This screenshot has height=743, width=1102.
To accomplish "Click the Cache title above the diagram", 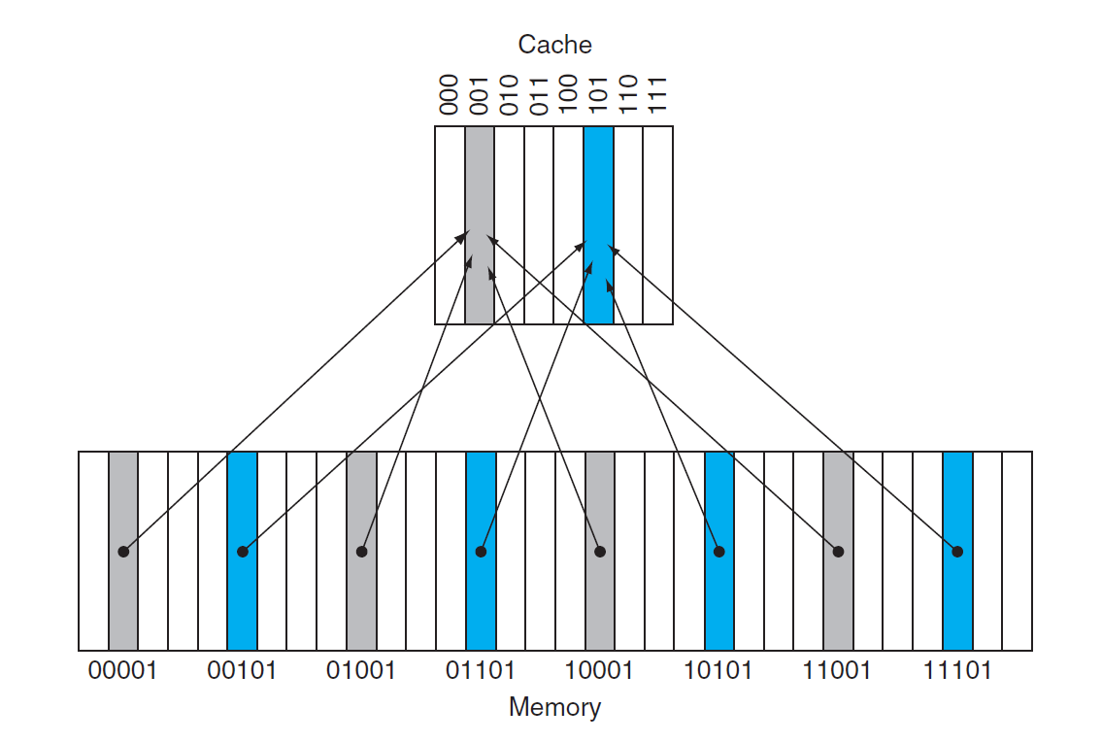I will tap(554, 45).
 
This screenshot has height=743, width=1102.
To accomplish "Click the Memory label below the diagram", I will tap(554, 707).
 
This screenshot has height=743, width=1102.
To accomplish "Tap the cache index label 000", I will tap(450, 94).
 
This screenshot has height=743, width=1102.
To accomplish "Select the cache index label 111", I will tap(657, 94).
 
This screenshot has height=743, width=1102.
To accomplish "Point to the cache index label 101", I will tap(598, 94).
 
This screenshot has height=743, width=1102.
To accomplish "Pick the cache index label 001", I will tap(479, 94).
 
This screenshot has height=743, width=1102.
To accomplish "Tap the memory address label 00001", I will tap(122, 670).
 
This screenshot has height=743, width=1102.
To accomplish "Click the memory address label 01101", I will tap(481, 670).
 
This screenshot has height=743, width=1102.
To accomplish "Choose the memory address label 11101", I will tap(957, 670).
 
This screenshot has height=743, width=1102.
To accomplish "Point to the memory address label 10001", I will tap(600, 670).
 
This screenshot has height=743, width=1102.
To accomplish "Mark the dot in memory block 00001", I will tap(123, 552).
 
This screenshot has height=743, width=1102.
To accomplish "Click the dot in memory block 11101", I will tap(957, 552).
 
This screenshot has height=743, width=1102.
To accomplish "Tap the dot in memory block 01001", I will tap(362, 552).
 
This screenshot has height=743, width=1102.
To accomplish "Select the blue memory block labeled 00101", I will tap(243, 602).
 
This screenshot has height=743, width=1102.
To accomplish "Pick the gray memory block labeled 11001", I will tap(838, 602).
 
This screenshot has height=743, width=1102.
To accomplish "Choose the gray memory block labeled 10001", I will tap(600, 602).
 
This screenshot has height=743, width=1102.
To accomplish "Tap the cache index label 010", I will tap(509, 94).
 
